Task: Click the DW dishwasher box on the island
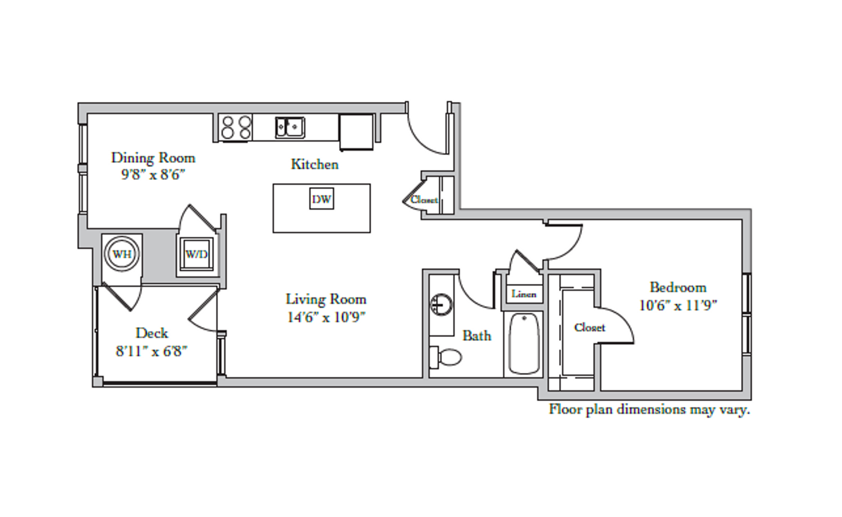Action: click(321, 199)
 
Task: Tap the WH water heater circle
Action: click(122, 254)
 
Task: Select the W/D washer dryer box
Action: click(196, 254)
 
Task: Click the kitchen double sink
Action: click(290, 127)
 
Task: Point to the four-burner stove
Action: click(236, 127)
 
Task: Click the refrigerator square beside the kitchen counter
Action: click(356, 132)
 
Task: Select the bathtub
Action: click(524, 343)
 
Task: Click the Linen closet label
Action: click(523, 294)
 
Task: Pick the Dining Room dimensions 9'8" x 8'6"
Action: click(153, 174)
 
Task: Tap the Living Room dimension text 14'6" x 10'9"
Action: click(326, 317)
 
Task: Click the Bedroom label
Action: click(678, 287)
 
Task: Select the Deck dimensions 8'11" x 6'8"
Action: click(151, 351)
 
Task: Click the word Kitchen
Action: click(315, 164)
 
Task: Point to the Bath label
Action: click(477, 336)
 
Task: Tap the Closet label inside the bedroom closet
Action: click(589, 327)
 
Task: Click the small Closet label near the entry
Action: click(424, 200)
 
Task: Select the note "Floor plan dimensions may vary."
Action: click(649, 410)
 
